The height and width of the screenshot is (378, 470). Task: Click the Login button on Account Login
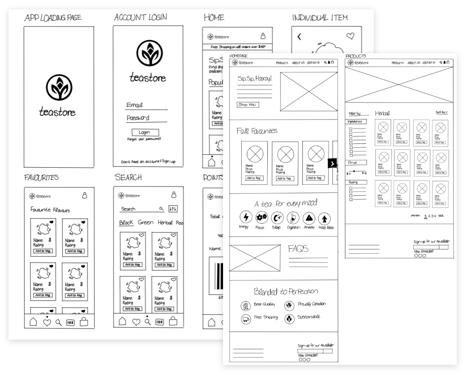click(145, 133)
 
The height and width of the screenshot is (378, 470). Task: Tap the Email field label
click(135, 105)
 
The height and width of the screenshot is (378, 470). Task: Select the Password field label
click(138, 118)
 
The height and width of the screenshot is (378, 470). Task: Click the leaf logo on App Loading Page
click(59, 88)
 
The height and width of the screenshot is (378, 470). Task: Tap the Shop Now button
click(248, 105)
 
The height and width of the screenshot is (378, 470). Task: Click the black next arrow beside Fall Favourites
click(333, 163)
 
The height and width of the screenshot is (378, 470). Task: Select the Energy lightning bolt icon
click(246, 218)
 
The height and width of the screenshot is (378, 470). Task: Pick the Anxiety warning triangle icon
click(309, 218)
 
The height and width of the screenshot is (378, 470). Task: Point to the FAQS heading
click(299, 248)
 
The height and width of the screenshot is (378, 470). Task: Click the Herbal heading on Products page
click(382, 113)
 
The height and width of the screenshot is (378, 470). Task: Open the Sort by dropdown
click(441, 112)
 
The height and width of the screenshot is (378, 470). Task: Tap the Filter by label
click(355, 113)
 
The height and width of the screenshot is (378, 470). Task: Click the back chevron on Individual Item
click(299, 37)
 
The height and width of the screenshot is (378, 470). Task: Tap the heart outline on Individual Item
click(350, 36)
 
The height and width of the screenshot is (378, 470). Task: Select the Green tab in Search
click(145, 223)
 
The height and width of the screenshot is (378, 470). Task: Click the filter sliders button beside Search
click(173, 209)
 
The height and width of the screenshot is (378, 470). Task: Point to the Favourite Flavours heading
click(50, 210)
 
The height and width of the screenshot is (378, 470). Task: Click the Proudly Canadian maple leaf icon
click(289, 305)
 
